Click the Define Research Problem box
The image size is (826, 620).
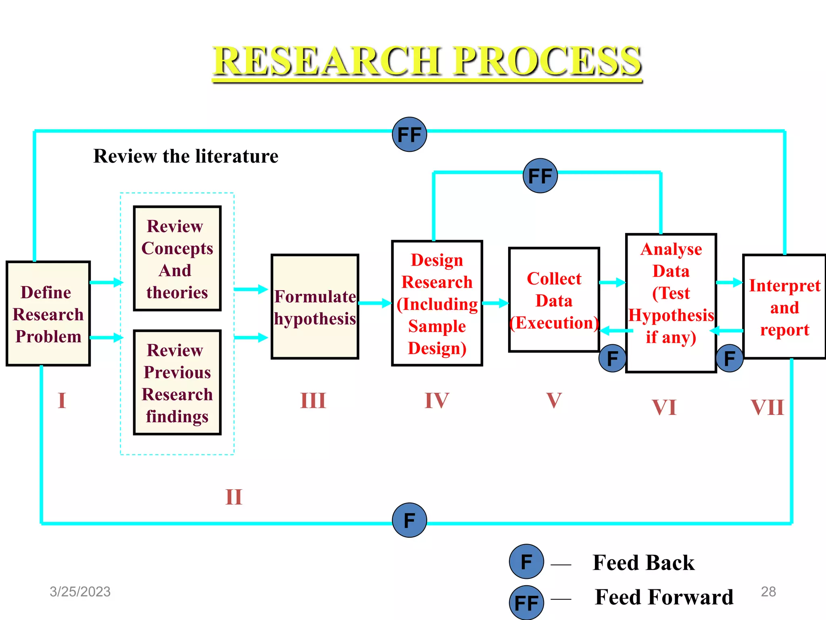48,314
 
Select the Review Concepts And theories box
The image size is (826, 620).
177,258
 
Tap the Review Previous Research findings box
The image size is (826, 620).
177,382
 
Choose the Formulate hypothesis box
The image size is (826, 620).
315,307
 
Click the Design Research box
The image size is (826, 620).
437,303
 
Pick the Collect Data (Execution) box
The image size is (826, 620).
554,300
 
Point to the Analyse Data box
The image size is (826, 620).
671,303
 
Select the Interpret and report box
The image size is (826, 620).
784,306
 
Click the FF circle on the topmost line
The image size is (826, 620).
409,134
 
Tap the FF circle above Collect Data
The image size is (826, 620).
540,176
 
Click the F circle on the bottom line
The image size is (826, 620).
409,520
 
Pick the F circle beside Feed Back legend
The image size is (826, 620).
526,561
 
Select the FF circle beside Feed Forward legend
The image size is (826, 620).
526,603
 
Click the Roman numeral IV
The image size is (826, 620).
437,401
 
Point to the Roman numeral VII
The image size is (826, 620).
767,407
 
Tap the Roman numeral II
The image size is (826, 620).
234,497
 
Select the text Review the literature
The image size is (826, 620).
186,156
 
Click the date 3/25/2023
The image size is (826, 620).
80,592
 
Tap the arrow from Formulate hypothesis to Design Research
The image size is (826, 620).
375,303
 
